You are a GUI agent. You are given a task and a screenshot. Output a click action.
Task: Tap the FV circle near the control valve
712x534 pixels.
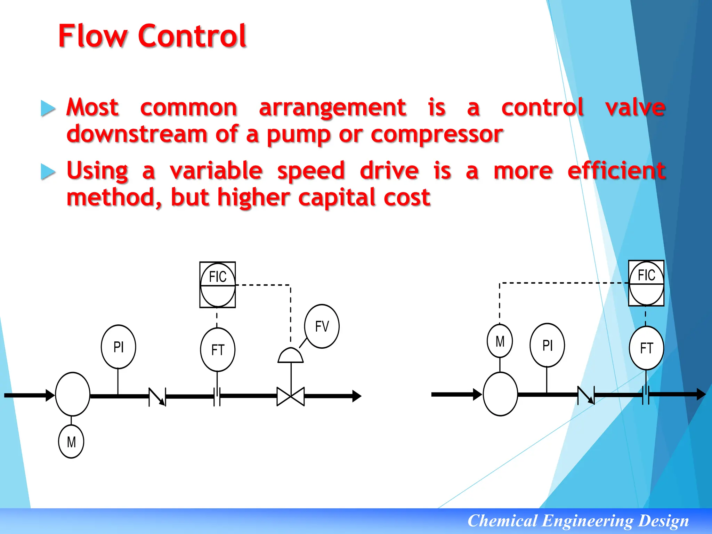pos(322,326)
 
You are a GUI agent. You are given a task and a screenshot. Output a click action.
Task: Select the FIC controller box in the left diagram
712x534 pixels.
pos(218,285)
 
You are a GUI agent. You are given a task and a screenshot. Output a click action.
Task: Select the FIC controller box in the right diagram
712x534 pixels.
pos(646,283)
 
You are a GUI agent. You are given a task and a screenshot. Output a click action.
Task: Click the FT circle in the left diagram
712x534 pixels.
pos(218,349)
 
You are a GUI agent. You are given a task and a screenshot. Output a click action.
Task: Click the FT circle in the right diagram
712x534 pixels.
pos(646,348)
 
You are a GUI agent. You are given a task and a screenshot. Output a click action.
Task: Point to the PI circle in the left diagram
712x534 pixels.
pos(118,347)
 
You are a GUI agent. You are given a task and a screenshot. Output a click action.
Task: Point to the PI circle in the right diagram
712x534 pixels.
pos(547,345)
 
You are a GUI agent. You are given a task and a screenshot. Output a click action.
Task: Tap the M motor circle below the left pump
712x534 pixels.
pos(71,442)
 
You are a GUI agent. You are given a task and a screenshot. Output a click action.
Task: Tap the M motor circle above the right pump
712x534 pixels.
pos(500,341)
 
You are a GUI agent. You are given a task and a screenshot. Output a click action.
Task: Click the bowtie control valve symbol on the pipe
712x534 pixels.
pos(291,396)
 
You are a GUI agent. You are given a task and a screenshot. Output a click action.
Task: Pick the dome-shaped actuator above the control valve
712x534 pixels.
pos(291,356)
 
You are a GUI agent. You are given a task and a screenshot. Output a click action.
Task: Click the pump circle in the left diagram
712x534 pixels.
pos(73,394)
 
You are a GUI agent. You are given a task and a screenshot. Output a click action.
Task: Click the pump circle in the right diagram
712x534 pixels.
pos(500,394)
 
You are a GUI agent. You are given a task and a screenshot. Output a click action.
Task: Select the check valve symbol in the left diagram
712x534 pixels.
pos(157,397)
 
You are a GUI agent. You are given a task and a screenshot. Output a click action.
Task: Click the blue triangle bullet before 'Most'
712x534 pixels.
pos(48,108)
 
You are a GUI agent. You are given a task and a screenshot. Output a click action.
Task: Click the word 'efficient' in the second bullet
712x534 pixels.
pos(616,171)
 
